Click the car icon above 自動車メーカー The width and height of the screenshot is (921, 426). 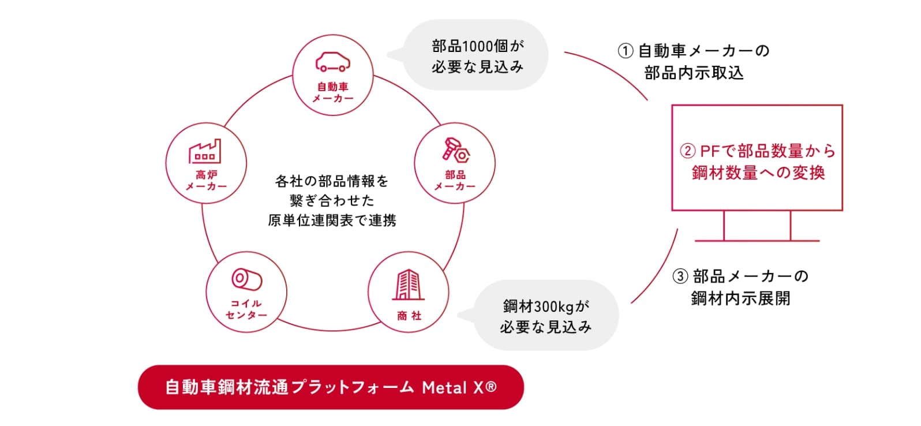332,62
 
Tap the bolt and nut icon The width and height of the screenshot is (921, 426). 455,151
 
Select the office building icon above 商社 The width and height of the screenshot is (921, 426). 408,285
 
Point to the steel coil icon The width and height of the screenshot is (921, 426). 246,279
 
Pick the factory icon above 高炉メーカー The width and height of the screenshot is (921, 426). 205,152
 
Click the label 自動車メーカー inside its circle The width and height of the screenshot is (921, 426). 333,92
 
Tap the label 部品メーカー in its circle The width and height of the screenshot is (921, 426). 455,180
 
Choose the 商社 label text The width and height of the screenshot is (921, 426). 409,316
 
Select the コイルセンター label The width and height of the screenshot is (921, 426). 246,309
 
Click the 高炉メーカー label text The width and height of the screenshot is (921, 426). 206,180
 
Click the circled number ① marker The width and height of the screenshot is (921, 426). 626,51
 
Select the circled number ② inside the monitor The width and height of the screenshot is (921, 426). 687,151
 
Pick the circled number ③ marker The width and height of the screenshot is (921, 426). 681,276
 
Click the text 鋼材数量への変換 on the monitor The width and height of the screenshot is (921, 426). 758,173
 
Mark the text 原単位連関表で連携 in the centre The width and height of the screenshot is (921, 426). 332,221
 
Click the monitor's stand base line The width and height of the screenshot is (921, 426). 757,240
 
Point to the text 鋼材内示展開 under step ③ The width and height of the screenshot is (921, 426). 741,298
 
